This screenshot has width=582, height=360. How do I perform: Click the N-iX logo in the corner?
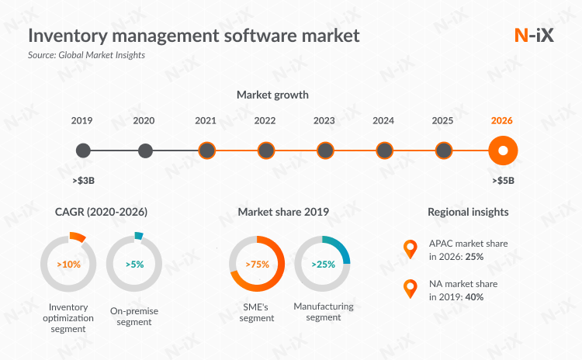coord(534,35)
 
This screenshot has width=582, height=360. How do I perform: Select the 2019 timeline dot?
coord(84,151)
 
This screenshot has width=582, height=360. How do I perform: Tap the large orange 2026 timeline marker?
coord(502,151)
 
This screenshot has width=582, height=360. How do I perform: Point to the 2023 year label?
coord(324,121)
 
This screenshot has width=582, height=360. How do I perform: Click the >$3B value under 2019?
coord(82,181)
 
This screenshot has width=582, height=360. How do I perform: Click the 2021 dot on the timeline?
coord(206,151)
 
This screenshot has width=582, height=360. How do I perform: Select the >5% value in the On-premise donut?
coord(134,264)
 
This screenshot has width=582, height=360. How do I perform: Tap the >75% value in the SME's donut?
coord(257,264)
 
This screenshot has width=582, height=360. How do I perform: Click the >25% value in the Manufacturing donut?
coord(323,264)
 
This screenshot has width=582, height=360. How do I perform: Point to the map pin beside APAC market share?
coord(410,249)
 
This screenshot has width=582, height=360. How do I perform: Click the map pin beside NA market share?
coord(410,289)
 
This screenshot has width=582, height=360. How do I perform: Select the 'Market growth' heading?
coord(272,95)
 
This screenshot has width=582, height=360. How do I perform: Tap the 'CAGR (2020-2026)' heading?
coord(101,211)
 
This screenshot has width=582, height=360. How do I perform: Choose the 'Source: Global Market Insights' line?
coord(86,55)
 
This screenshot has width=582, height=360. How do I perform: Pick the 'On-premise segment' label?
coord(134,317)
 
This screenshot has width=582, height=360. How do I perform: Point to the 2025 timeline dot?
coord(443,151)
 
